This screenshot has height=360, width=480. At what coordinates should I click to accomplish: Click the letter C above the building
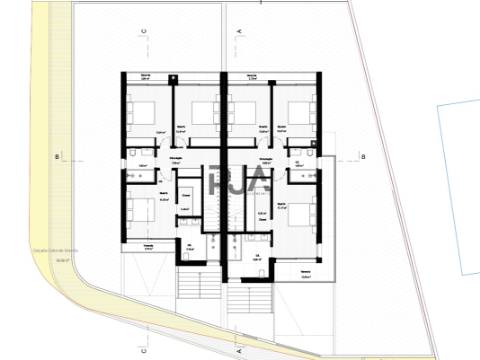[144, 30]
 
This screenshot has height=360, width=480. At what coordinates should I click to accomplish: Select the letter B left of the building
[59, 157]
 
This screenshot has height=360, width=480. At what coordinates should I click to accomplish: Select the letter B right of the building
[365, 157]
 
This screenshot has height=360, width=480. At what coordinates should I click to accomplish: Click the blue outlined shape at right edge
[458, 190]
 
